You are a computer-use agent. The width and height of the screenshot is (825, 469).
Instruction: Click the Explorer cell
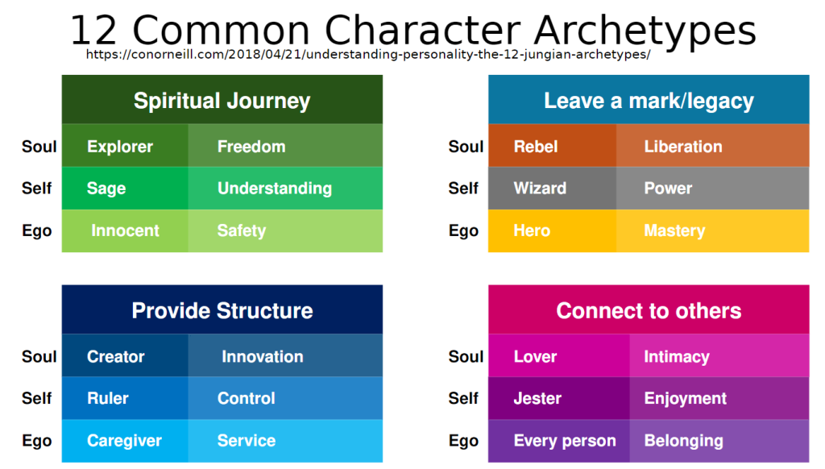(x=125, y=146)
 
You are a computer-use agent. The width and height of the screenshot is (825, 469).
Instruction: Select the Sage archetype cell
(x=125, y=189)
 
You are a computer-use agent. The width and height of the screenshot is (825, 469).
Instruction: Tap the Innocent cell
(x=125, y=231)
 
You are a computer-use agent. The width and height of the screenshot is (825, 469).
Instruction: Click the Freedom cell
(x=285, y=146)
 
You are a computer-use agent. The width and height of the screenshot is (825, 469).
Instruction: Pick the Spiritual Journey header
(x=222, y=99)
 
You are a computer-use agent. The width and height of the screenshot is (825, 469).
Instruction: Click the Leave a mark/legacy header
(x=649, y=99)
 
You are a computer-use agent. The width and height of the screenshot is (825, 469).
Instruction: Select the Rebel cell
(x=552, y=146)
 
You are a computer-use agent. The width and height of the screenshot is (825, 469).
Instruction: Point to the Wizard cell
(x=552, y=189)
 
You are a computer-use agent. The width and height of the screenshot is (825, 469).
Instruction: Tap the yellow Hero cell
(x=552, y=231)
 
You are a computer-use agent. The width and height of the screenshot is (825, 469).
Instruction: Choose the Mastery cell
(x=712, y=231)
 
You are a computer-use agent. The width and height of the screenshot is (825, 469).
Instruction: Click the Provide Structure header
(x=222, y=310)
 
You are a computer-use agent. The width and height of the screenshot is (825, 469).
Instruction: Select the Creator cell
(x=125, y=356)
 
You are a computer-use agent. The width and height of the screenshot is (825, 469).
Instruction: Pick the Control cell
(x=285, y=398)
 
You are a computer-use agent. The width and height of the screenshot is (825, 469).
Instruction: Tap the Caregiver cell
(x=125, y=441)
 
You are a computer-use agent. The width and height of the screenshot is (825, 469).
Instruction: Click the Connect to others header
(x=649, y=310)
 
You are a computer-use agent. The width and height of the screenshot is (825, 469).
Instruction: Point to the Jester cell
(x=559, y=398)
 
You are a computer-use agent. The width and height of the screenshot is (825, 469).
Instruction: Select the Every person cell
(x=559, y=441)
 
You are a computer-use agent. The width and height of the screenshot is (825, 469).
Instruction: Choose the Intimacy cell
(x=719, y=356)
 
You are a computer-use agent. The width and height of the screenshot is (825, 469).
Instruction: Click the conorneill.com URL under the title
(x=368, y=54)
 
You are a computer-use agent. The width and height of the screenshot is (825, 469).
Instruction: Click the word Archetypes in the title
(x=645, y=31)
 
